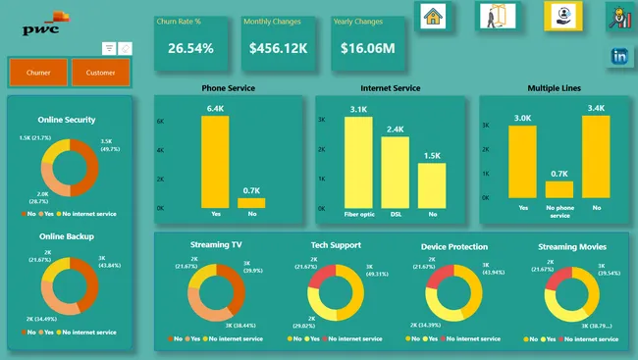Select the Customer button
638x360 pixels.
click(100, 72)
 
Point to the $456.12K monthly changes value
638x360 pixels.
click(278, 47)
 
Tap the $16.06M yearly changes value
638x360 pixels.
click(368, 47)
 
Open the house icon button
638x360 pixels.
click(433, 16)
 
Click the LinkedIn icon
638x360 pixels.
click(619, 57)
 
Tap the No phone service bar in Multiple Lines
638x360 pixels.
click(558, 191)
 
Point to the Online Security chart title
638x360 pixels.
click(67, 120)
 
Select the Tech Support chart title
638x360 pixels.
click(335, 245)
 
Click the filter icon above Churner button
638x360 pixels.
click(109, 48)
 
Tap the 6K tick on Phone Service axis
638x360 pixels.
click(161, 120)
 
